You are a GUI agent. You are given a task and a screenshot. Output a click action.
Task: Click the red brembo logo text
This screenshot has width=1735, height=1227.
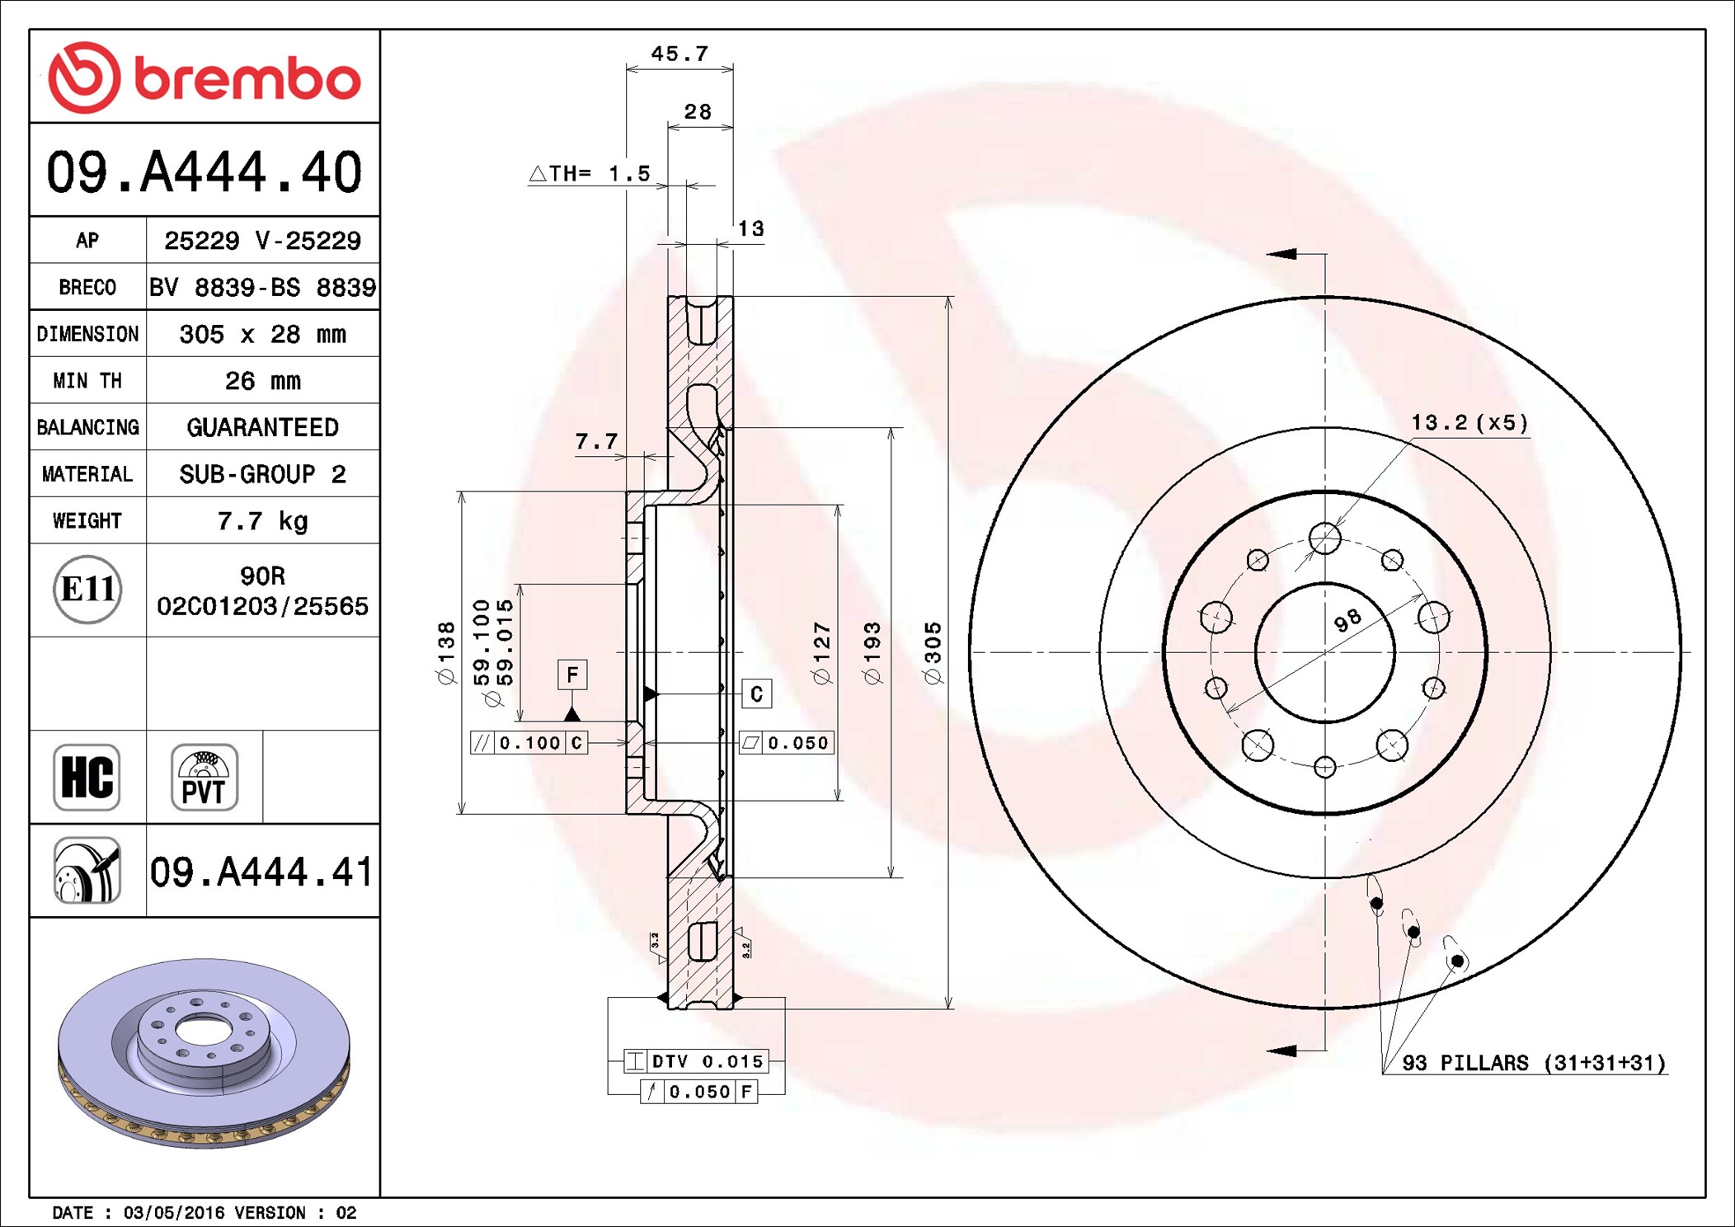[x=247, y=79]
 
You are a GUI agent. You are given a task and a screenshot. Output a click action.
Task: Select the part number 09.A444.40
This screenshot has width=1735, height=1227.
[x=204, y=172]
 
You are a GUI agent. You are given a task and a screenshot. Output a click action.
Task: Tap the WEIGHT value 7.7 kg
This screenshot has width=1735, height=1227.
[x=262, y=521]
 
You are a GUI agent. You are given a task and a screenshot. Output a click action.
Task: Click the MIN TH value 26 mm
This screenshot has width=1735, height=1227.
[x=262, y=381]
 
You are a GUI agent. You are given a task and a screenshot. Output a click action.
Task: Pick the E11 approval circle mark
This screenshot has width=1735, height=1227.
[x=87, y=590]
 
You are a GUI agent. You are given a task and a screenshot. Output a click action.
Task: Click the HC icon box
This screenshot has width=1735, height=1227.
[x=87, y=778]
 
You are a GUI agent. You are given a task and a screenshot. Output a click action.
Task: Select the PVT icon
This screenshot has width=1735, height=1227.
[x=204, y=778]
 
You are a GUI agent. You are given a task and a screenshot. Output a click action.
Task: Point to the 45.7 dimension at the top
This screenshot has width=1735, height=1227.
[x=679, y=54]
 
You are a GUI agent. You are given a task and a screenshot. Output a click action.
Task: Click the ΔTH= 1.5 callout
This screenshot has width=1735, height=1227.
[x=590, y=174]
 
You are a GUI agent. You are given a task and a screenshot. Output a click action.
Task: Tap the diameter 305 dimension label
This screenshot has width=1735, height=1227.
[x=933, y=653]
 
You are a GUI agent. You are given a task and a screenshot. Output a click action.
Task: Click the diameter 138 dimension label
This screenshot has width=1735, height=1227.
[x=446, y=653]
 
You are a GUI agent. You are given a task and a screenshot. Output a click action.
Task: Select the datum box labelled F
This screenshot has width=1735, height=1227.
[x=572, y=675]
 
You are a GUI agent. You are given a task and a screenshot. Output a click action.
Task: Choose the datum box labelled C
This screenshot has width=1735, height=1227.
[x=756, y=694]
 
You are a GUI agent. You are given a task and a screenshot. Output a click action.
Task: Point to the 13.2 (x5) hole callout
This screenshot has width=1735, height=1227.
[x=1469, y=423]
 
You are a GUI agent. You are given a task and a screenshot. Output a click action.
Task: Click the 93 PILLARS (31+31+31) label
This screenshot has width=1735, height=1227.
[x=1534, y=1063]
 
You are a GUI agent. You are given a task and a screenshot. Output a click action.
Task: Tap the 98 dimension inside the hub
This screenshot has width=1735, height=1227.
[x=1347, y=621]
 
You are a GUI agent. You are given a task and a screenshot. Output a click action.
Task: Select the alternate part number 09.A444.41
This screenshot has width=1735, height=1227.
[x=261, y=872]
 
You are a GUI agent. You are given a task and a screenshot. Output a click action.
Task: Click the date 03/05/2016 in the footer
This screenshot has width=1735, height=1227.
[x=173, y=1213]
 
